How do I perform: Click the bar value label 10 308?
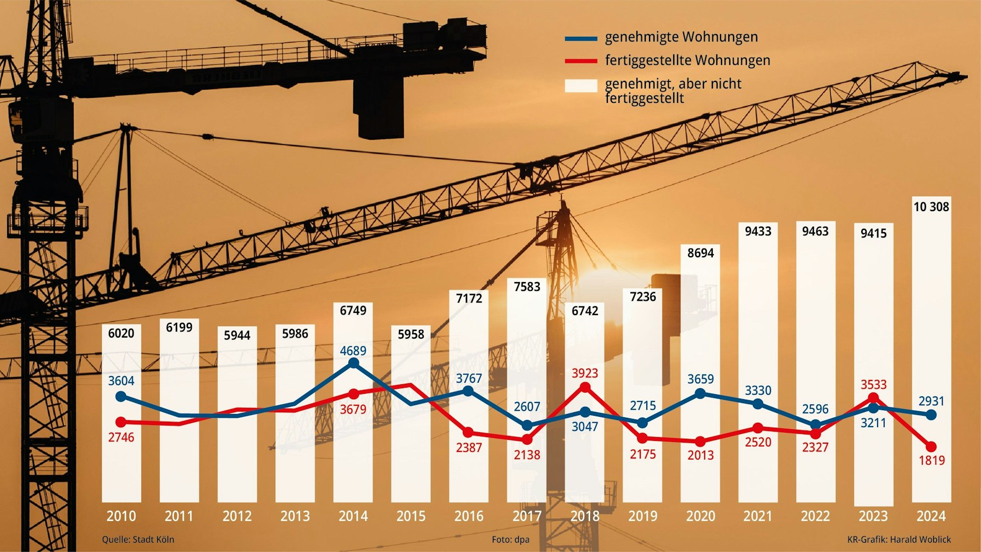click(x=931, y=207)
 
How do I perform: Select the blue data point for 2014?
click(x=354, y=363)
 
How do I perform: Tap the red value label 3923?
click(x=585, y=373)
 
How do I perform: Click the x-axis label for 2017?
click(x=526, y=516)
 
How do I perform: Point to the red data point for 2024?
click(x=931, y=446)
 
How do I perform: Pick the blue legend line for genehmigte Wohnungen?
click(x=581, y=38)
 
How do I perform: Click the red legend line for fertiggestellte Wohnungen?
click(x=581, y=61)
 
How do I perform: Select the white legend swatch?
click(x=581, y=86)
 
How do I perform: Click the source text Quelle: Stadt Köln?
click(x=138, y=540)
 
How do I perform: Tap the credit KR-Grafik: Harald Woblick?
click(x=899, y=540)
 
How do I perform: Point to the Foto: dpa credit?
click(x=511, y=540)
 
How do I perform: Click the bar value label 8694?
click(x=700, y=253)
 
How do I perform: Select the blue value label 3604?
click(x=121, y=380)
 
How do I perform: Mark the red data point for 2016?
click(x=468, y=433)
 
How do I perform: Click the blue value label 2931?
click(x=931, y=401)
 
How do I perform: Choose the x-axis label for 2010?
click(x=121, y=516)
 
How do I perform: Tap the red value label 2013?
click(x=700, y=455)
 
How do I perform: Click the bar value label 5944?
click(x=237, y=335)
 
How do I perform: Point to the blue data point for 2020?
click(x=700, y=394)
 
